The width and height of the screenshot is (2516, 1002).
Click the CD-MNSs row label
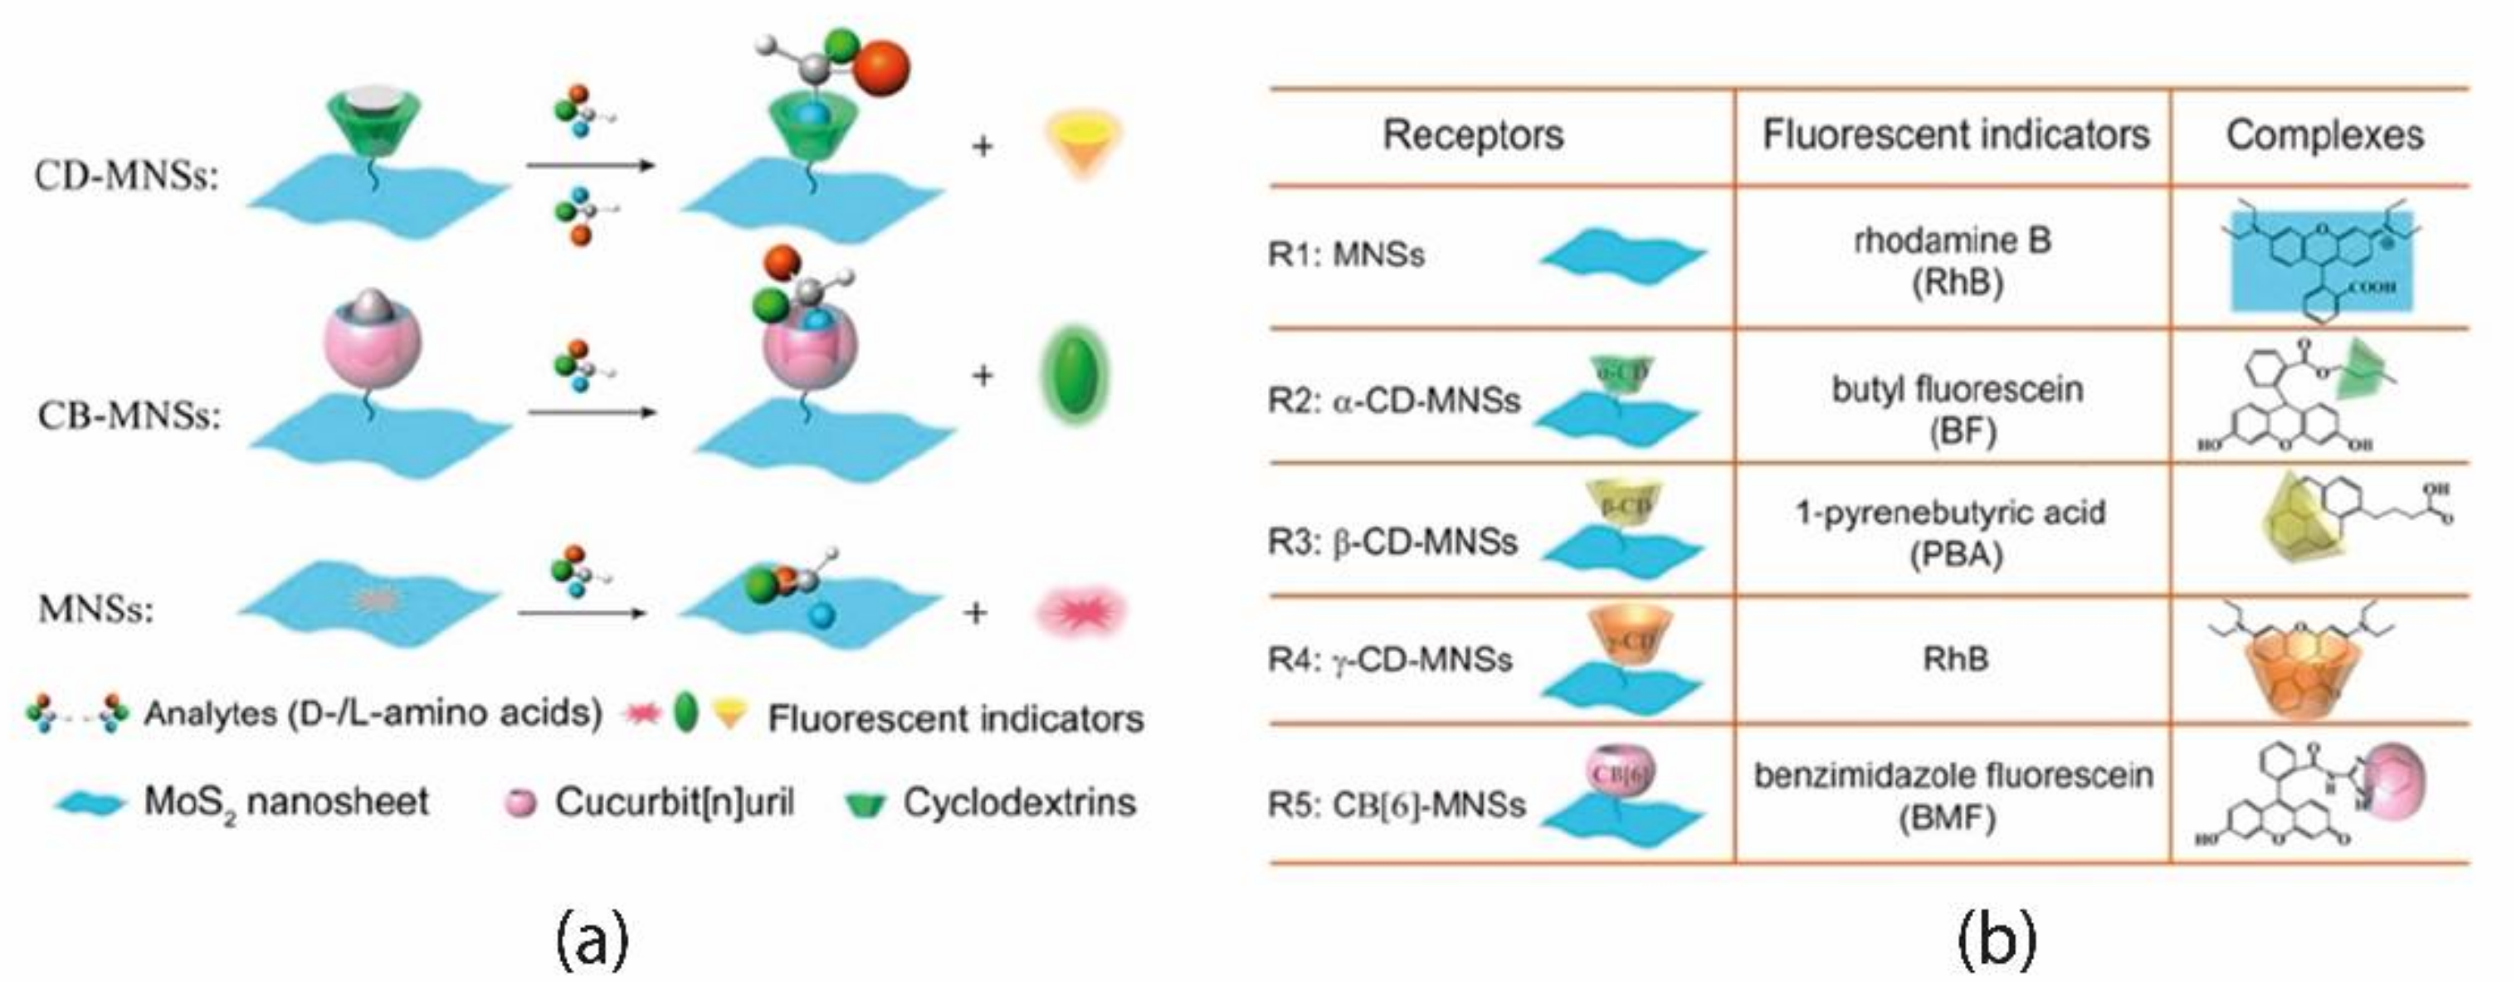tap(127, 177)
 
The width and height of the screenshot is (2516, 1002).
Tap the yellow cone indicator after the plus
tap(1082, 143)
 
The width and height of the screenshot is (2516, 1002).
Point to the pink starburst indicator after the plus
tap(1080, 612)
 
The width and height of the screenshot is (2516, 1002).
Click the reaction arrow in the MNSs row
tap(583, 613)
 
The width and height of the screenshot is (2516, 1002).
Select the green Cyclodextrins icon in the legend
tap(865, 804)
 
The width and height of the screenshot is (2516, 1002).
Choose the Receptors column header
tap(1473, 134)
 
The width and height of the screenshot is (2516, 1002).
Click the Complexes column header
tap(2323, 134)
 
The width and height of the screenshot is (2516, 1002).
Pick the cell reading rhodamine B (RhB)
tap(1953, 260)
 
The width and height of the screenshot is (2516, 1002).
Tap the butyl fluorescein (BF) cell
tap(1957, 409)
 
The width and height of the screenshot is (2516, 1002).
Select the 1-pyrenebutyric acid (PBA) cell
tap(1952, 533)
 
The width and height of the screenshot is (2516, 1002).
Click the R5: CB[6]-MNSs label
tap(1396, 805)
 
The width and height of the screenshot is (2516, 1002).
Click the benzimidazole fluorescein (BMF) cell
tap(1953, 795)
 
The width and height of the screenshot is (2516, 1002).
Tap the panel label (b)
tap(1997, 940)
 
